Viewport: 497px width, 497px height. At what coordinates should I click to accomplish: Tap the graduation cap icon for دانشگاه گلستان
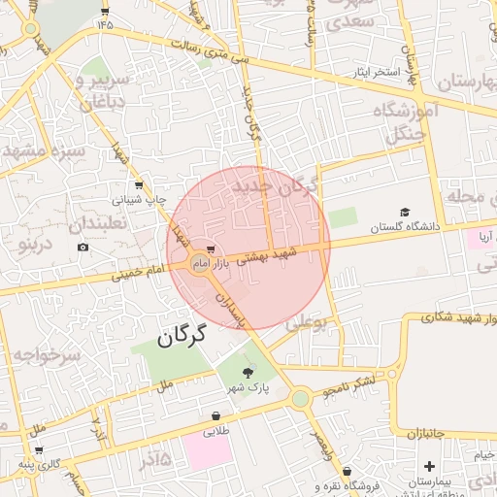404,212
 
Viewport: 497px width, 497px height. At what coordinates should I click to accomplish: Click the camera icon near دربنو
83,247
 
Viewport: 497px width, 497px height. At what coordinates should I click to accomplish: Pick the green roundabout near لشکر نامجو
301,397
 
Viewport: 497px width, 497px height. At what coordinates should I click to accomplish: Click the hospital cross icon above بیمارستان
429,467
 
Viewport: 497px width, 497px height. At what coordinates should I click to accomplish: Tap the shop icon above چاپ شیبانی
141,184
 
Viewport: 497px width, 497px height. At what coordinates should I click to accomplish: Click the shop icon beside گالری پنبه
38,449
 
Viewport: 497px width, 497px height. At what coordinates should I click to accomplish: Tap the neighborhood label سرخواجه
32,353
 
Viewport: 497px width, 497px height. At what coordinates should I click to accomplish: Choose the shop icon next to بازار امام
212,248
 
